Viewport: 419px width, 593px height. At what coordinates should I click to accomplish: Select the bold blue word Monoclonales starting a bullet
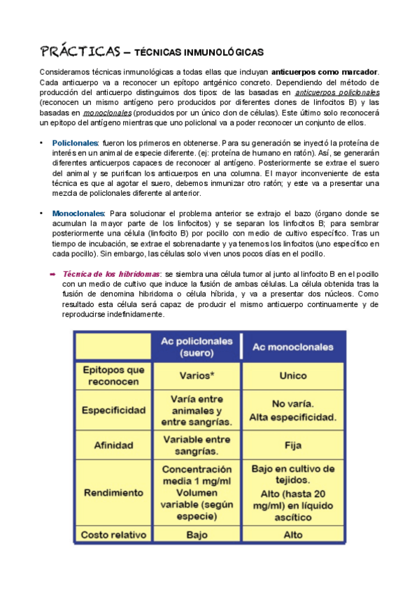[78, 212]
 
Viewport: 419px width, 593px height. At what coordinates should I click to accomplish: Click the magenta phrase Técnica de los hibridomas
[111, 275]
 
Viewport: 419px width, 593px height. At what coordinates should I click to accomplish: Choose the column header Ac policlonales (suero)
[197, 347]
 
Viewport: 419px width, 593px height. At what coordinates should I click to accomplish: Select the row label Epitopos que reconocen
[114, 376]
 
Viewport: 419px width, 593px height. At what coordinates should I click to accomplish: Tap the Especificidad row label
[114, 410]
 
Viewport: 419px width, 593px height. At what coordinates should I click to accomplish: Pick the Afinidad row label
[114, 445]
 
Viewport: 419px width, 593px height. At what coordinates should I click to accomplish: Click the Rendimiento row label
[114, 492]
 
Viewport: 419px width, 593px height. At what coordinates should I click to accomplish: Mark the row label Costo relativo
[114, 535]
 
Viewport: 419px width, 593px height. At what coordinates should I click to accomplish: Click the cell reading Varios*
[197, 376]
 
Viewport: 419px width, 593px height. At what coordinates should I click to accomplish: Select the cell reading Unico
[292, 376]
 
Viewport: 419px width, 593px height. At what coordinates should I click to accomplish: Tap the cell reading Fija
[292, 445]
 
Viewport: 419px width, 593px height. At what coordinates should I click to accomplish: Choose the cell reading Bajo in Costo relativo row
[197, 535]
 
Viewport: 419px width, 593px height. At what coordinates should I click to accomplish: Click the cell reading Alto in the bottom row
[292, 535]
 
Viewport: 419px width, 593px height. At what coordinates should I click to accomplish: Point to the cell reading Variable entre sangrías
[197, 445]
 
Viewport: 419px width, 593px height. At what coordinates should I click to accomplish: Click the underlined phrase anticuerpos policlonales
[338, 92]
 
